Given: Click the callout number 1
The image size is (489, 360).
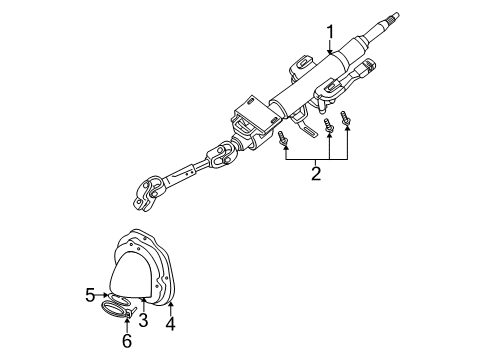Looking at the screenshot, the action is pos(329,36).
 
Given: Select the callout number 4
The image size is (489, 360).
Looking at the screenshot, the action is pos(171,324).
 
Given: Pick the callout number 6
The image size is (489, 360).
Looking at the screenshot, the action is pos(128,340).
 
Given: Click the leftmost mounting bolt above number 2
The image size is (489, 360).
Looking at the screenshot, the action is pos(285,139).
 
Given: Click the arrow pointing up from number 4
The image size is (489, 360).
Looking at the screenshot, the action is pos(171,305).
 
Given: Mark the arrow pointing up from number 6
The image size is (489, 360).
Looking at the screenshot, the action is pos(128,325).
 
